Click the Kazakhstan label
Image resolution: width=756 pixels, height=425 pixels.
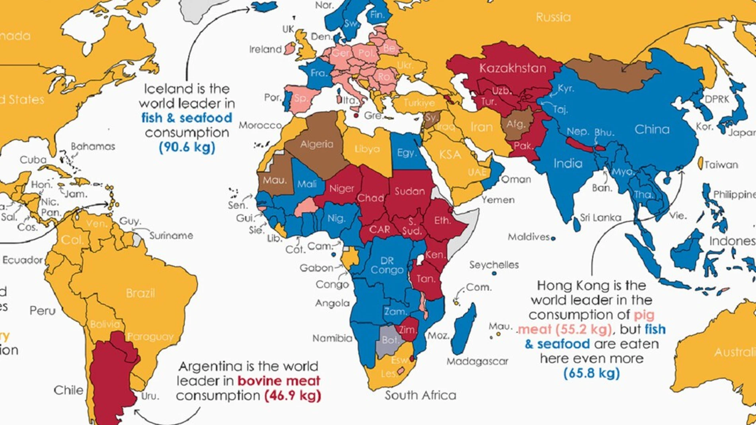click(512, 68)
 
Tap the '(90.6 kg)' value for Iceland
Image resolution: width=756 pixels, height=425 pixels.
click(187, 147)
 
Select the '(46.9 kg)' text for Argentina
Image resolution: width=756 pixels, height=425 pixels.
click(292, 396)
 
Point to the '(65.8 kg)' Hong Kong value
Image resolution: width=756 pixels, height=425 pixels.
click(591, 373)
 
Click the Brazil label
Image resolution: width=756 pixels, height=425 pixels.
click(140, 293)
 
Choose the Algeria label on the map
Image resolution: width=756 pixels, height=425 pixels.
click(317, 144)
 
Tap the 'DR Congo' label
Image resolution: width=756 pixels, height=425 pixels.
click(387, 266)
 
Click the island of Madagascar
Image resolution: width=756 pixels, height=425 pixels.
click(464, 330)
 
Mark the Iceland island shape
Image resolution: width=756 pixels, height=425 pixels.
click(265, 7)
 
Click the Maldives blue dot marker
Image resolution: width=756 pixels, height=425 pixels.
click(553, 239)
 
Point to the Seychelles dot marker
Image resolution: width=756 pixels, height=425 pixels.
click(494, 274)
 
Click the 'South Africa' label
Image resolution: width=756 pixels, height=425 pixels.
click(420, 395)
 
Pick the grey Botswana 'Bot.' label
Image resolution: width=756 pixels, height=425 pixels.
click(390, 340)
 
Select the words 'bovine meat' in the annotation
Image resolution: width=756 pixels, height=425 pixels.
click(279, 381)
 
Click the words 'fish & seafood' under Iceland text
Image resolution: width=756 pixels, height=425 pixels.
click(187, 118)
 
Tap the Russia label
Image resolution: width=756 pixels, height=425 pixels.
click(553, 17)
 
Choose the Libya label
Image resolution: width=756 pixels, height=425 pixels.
click(367, 149)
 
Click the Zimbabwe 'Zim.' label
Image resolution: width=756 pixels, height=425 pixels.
click(407, 330)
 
